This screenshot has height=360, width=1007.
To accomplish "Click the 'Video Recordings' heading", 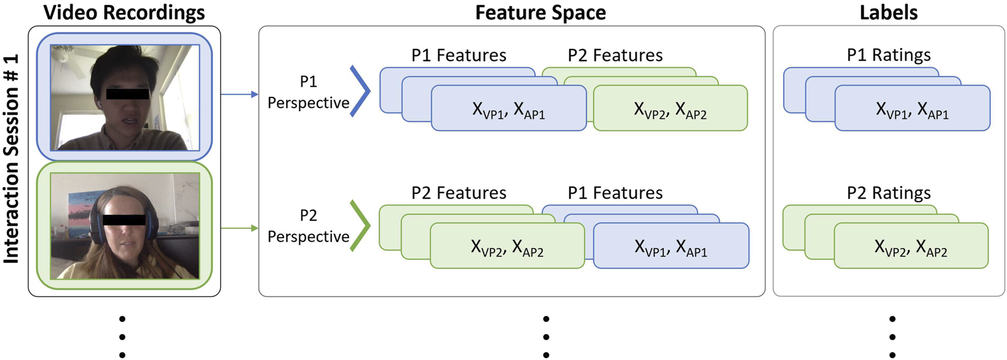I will click(124, 13).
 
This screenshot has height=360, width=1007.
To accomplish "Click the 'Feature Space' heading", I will click(540, 13).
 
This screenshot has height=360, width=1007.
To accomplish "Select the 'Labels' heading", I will click(888, 13).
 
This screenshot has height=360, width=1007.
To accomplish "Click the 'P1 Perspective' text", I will click(308, 92).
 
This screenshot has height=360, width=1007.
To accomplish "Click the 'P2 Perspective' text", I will click(308, 226).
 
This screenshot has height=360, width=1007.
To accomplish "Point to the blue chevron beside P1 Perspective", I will click(360, 91).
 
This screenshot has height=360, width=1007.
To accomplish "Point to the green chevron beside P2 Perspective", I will click(360, 225).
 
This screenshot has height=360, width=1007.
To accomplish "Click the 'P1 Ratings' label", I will click(888, 55).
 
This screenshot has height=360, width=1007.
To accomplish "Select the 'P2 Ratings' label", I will click(888, 193).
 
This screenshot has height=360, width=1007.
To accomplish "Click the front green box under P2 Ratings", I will click(911, 246).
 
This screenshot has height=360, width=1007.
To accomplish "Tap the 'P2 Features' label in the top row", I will click(615, 55).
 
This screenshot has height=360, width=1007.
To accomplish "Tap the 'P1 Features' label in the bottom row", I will click(615, 193).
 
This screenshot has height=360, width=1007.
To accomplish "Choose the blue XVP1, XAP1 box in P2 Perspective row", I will click(671, 246).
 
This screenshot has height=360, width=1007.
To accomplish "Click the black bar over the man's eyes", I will click(127, 93).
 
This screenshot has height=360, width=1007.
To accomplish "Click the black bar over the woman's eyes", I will click(124, 219).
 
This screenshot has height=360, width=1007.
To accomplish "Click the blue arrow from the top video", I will click(239, 94).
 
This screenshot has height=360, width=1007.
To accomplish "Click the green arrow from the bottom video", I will click(239, 228).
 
